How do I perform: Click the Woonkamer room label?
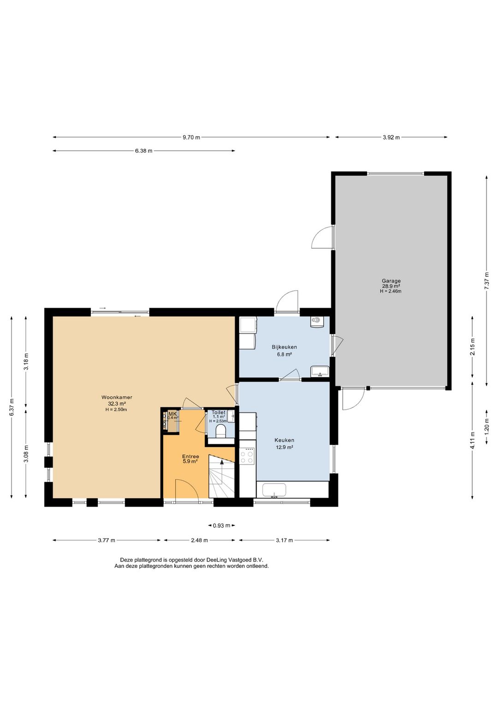pos(117,397)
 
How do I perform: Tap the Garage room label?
pos(391,281)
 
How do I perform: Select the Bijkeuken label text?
pos(285,347)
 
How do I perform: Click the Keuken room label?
pos(285,440)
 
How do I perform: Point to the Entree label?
pos(190,456)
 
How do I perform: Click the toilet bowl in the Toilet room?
pos(221,431)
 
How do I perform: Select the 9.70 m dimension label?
pos(191,137)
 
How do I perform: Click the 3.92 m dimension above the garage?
pos(391,137)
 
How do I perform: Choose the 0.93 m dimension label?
pos(221,525)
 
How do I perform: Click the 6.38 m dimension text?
pos(143,151)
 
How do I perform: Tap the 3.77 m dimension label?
pos(107,540)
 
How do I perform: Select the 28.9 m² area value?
pos(391,286)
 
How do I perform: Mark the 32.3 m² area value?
pos(117,404)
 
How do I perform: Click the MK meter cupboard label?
pos(172,414)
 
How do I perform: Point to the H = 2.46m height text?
pos(391,291)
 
